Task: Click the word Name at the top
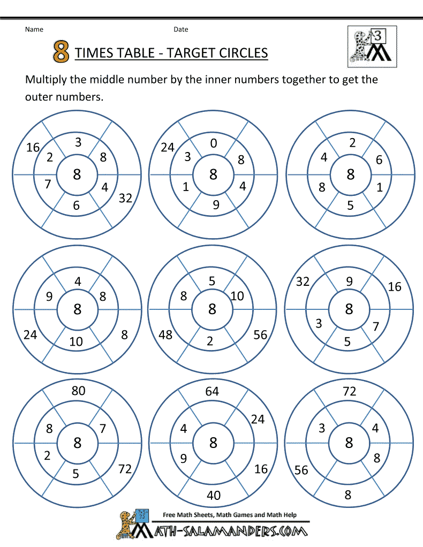click(34, 29)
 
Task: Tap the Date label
click(180, 29)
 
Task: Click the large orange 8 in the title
click(62, 52)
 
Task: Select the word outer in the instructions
click(38, 97)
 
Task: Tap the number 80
click(78, 391)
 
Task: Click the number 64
click(212, 391)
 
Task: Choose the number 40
click(213, 495)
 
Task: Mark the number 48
click(165, 335)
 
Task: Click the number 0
click(214, 143)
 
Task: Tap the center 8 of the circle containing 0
click(213, 174)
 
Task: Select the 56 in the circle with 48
click(260, 335)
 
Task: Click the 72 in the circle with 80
click(124, 469)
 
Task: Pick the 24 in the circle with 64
click(258, 419)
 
